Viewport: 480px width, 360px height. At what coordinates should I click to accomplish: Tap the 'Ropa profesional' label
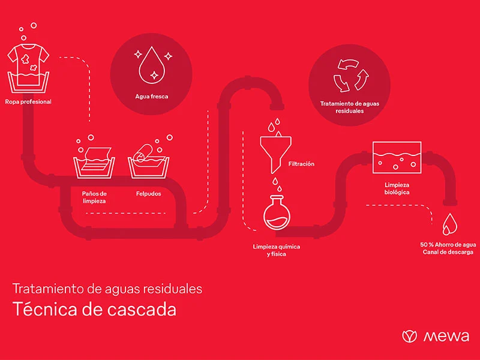(x=28, y=102)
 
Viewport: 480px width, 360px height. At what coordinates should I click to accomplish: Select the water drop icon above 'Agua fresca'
(x=152, y=65)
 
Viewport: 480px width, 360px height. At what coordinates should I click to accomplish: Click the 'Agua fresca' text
(x=152, y=97)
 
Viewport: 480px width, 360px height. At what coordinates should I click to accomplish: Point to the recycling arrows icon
(x=351, y=76)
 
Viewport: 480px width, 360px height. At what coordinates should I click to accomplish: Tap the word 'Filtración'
(x=301, y=164)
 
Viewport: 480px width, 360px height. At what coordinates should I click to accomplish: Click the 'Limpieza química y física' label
(x=277, y=250)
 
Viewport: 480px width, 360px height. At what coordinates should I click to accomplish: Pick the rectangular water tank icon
(x=397, y=158)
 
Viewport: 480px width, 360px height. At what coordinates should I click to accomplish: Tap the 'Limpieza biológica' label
(x=397, y=188)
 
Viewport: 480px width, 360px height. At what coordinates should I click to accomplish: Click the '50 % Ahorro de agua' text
(x=448, y=245)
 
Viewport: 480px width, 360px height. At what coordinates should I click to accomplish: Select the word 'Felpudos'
(x=148, y=194)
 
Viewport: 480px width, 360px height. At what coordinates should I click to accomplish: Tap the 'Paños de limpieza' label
(x=94, y=197)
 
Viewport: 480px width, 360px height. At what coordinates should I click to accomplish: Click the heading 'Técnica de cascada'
(x=95, y=309)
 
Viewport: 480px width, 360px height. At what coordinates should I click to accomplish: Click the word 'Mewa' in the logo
(x=446, y=337)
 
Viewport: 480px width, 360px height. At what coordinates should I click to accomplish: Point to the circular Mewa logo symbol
(x=409, y=336)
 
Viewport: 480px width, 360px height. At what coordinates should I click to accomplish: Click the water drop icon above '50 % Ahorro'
(x=449, y=224)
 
